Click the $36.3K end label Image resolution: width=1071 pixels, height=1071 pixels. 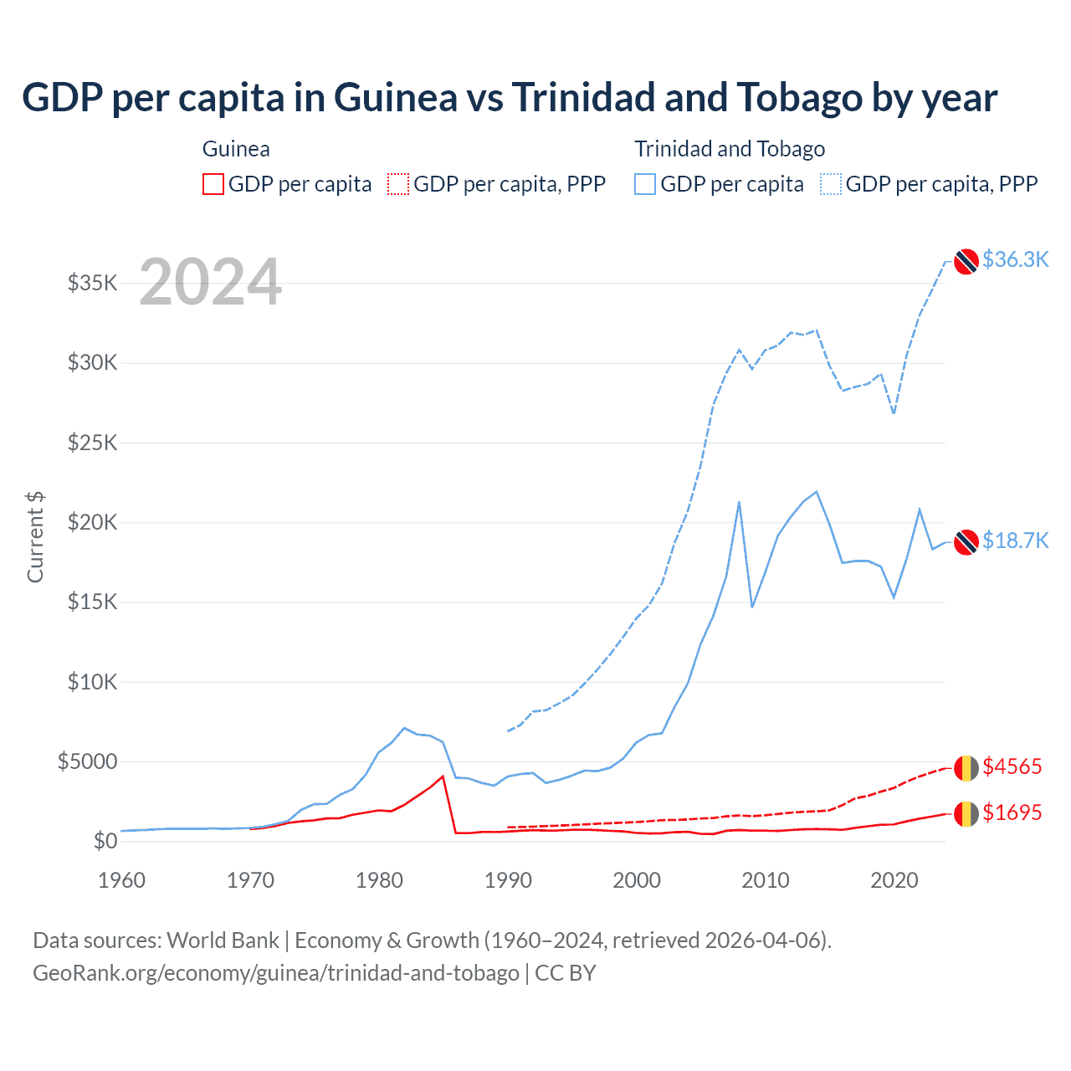pos(1015,259)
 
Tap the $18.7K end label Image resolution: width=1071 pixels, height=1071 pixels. pos(1015,541)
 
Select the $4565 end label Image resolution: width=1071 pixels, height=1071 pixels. pos(1012,766)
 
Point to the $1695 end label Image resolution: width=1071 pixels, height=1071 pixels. pos(1012,812)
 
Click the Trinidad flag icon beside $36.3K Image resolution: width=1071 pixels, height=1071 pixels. pos(966,261)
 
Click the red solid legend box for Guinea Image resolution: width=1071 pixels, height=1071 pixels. pos(213,184)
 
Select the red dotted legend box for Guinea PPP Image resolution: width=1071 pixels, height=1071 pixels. pos(398,184)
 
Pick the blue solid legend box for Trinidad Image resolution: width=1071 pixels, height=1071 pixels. pos(645,184)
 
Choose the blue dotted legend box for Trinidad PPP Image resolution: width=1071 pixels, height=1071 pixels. pos(831,184)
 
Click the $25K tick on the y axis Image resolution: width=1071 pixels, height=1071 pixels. pos(92,443)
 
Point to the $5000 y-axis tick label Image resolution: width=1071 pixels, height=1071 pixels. pos(87,761)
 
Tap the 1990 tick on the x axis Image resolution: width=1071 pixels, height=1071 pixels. pos(508,880)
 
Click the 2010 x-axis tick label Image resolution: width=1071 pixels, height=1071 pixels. pos(766,880)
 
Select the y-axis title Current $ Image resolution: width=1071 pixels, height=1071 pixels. pos(35,537)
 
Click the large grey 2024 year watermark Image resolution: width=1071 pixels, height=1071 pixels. pos(210,282)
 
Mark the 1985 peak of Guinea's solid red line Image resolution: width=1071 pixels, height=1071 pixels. pos(443,776)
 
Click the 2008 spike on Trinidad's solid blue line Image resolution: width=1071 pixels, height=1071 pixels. pos(739,502)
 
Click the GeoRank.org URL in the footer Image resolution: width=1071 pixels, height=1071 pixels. pos(276,973)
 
